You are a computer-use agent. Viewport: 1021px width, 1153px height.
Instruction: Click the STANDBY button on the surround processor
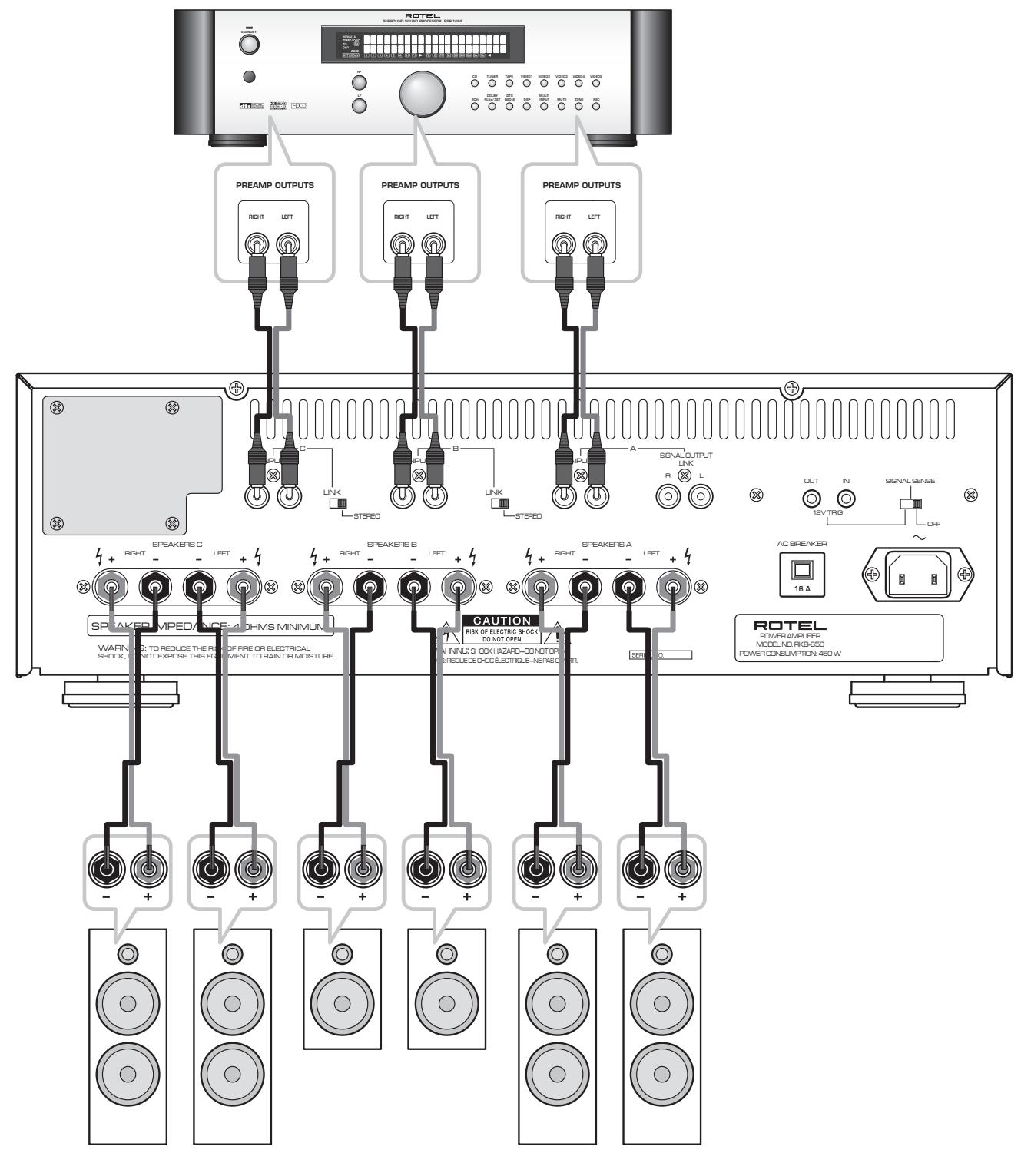(x=249, y=45)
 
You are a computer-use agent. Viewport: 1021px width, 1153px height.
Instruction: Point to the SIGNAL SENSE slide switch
(x=912, y=503)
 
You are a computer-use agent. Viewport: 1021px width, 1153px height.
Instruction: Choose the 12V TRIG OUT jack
(x=811, y=499)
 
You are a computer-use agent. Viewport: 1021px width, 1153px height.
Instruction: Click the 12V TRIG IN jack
(x=846, y=499)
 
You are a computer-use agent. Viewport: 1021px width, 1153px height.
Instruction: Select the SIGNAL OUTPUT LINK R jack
(x=668, y=497)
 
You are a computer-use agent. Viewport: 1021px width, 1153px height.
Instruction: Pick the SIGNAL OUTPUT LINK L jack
(x=700, y=497)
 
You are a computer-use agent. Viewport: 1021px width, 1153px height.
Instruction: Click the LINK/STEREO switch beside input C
(x=336, y=503)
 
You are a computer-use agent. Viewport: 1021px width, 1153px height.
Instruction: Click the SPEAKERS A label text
(x=606, y=545)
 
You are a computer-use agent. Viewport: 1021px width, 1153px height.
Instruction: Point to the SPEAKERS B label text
(x=391, y=545)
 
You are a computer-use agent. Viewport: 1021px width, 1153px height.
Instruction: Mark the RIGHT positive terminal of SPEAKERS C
(x=111, y=588)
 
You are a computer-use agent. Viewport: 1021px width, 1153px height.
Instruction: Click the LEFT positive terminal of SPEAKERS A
(x=673, y=588)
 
